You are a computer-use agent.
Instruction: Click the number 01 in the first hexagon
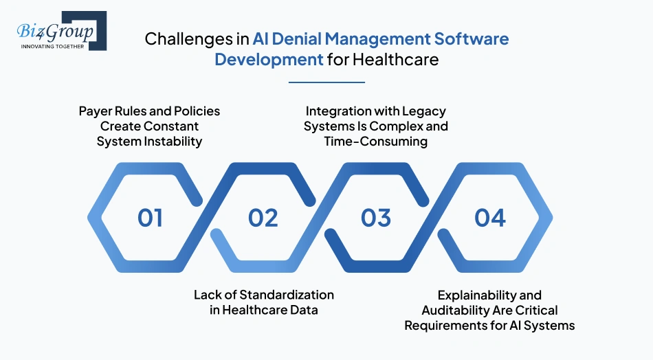click(x=150, y=218)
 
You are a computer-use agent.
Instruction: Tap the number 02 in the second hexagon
click(x=263, y=218)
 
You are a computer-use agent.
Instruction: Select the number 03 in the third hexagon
click(x=376, y=218)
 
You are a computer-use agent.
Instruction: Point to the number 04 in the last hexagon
click(x=489, y=218)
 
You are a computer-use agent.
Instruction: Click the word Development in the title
click(x=269, y=59)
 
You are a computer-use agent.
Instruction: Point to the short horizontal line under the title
click(x=326, y=82)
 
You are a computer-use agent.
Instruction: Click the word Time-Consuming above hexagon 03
click(x=376, y=142)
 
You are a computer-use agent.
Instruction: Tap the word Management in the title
click(x=389, y=38)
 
